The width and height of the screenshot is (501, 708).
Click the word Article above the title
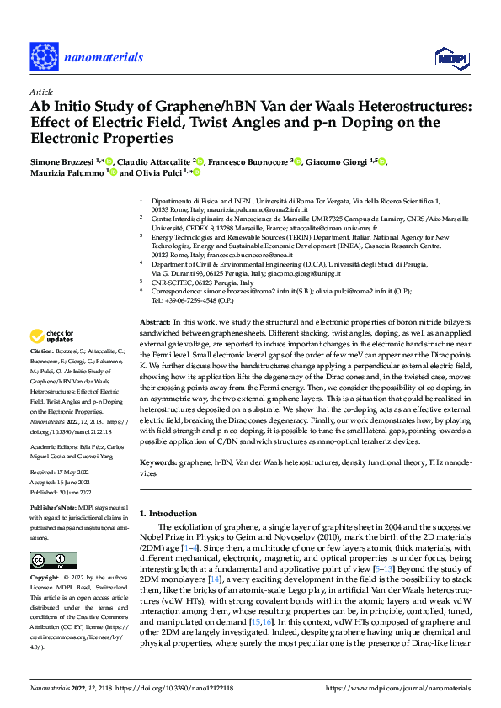click(x=40, y=92)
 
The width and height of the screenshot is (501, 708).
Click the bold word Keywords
click(x=157, y=463)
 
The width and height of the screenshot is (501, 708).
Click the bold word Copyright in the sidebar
click(x=45, y=579)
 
